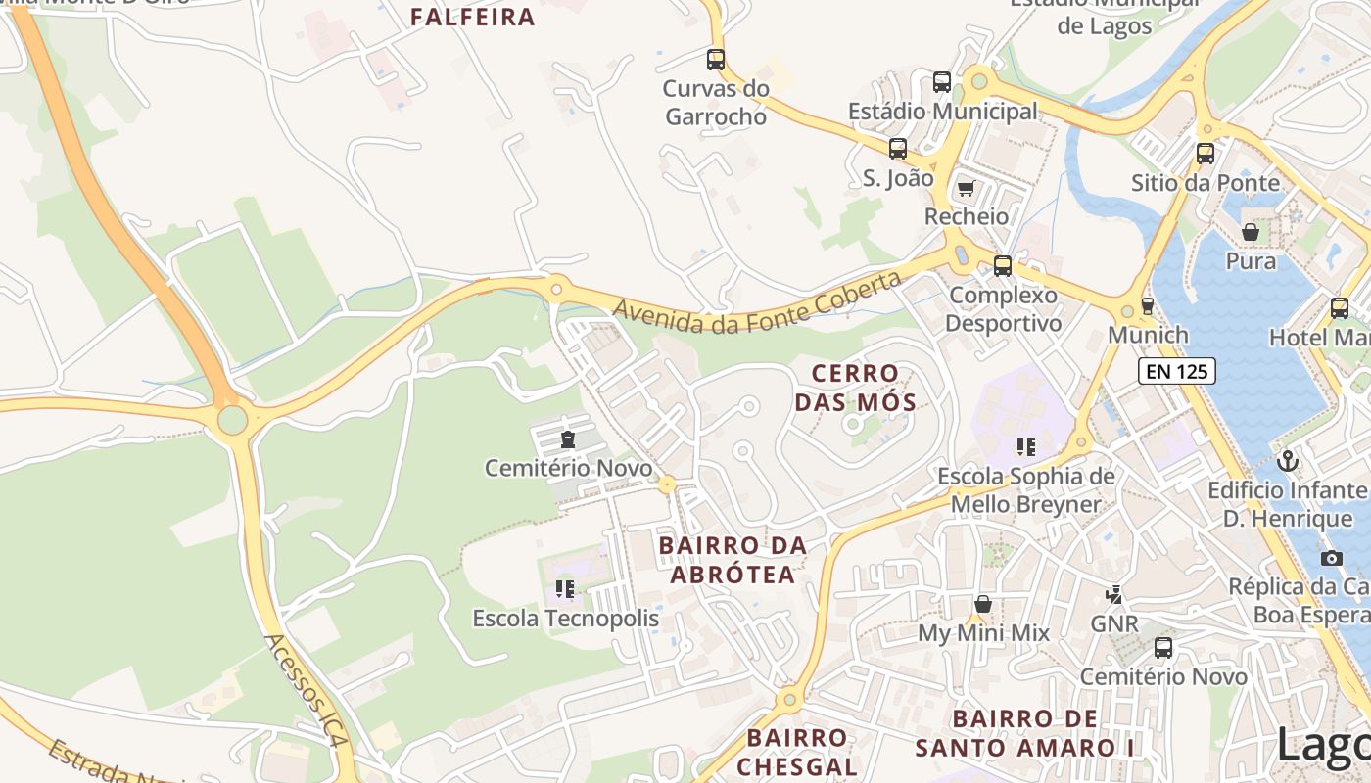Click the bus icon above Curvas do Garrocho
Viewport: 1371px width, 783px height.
[716, 59]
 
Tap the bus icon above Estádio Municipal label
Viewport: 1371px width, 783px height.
[942, 82]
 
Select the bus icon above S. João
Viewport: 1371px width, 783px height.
[898, 149]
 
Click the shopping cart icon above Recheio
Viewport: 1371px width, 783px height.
[967, 187]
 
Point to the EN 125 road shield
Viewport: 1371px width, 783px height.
[1177, 371]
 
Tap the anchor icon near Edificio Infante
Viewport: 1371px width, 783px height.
[1288, 460]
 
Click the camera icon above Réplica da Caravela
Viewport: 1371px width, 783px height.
[1331, 558]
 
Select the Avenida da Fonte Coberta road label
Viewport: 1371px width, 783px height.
[756, 302]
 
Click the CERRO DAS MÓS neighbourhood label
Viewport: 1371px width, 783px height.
[855, 388]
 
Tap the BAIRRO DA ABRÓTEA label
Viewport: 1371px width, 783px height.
[733, 560]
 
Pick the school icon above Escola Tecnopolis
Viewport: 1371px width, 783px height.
[565, 588]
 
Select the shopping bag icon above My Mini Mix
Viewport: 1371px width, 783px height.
[983, 604]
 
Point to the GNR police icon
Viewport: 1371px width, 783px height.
[1113, 594]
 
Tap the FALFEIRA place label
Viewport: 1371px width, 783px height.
[473, 17]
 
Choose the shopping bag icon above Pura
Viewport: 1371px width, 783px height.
[1251, 232]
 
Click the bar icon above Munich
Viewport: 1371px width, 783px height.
[1148, 305]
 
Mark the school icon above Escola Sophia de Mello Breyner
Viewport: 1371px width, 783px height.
[1026, 447]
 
